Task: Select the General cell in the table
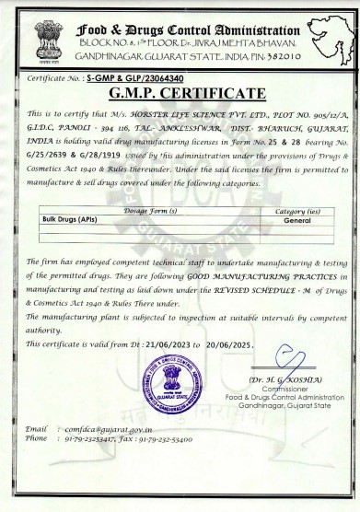[x=298, y=221]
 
